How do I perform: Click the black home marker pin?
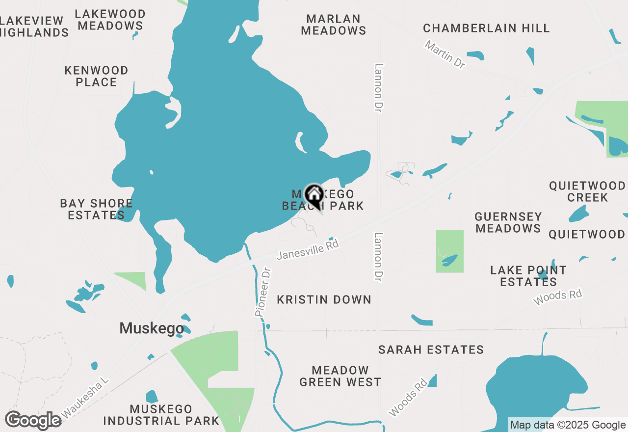tap(314, 195)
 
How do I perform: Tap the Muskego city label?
tap(152, 328)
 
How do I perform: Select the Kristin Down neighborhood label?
tap(324, 299)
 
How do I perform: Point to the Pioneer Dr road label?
tap(263, 292)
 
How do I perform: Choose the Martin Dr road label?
tap(445, 54)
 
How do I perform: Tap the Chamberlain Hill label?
tap(486, 28)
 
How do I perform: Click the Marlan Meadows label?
tap(334, 25)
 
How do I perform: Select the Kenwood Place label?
tap(97, 76)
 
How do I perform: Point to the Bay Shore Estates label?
tap(96, 209)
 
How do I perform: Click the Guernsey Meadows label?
tap(508, 222)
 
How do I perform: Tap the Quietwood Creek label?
tap(587, 191)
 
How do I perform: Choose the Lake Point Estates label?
tap(528, 276)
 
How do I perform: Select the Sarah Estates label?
tap(431, 350)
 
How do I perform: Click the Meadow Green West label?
tap(340, 376)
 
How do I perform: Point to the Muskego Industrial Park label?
tap(161, 415)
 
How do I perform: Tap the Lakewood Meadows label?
tap(110, 20)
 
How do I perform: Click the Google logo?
tap(33, 420)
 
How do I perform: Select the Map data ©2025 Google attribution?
tap(568, 425)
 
